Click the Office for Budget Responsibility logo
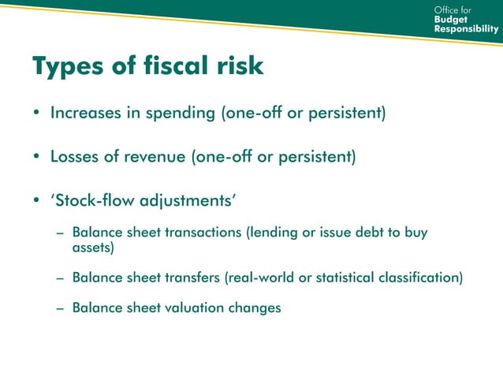[x=465, y=19]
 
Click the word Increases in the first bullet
[x=84, y=113]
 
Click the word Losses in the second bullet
[x=74, y=156]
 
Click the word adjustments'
[x=188, y=200]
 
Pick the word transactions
[x=203, y=233]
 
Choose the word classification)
[x=425, y=278]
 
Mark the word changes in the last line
[x=254, y=308]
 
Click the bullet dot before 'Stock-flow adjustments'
[x=36, y=200]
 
